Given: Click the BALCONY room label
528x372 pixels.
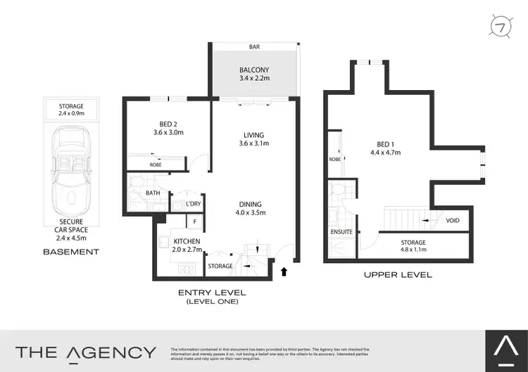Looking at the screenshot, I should click(253, 70).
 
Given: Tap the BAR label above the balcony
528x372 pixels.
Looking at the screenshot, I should click(253, 47).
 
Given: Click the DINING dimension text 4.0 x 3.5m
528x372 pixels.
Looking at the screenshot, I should click(254, 212).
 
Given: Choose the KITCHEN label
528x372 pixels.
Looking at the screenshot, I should click(187, 241).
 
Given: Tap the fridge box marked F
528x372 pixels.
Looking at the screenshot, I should click(194, 222).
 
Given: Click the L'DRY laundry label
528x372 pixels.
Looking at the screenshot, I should click(193, 204).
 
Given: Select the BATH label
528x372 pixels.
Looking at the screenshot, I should click(153, 193).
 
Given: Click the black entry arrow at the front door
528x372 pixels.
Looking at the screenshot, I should click(284, 271).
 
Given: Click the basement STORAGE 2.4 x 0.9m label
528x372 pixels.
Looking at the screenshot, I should click(71, 109).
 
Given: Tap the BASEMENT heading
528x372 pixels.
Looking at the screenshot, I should click(71, 251).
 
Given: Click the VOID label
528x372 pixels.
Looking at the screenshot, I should click(453, 221).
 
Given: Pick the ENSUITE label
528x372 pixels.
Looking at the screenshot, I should click(341, 231).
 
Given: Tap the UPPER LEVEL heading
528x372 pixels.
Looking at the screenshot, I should click(398, 274).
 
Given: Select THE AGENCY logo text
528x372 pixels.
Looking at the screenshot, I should click(86, 352).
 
